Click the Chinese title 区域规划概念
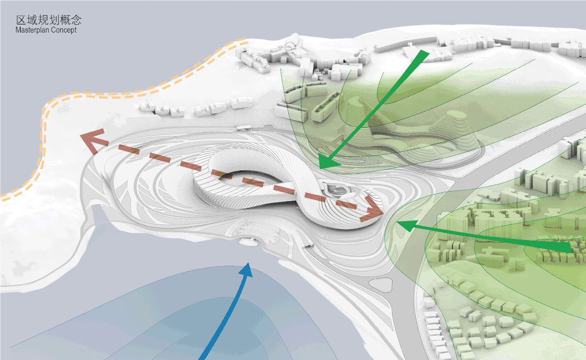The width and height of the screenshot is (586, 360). [x=48, y=20]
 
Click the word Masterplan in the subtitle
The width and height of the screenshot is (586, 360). [x=31, y=30]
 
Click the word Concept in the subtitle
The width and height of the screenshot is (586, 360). [x=64, y=30]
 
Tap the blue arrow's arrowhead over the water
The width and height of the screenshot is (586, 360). [x=245, y=269]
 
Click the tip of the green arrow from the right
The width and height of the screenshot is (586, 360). [x=397, y=224]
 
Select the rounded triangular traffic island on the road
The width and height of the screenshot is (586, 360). [x=382, y=285]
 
